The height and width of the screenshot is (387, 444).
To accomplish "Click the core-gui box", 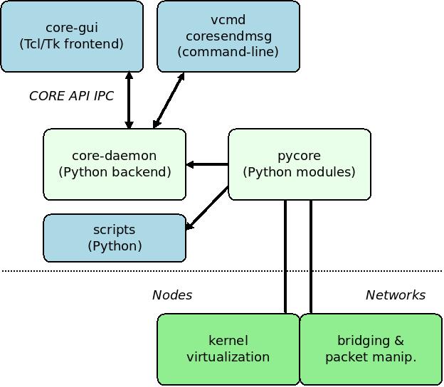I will point(72,36).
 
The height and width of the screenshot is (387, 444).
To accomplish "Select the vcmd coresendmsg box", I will point(228,36).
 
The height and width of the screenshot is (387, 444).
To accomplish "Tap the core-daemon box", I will point(115,164).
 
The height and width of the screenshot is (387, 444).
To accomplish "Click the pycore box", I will point(300,164).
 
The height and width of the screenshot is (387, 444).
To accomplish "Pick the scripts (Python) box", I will point(115,238).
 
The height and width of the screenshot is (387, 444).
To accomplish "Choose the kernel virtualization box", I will point(228,349).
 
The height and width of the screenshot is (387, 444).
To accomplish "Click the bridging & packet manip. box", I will point(371,349).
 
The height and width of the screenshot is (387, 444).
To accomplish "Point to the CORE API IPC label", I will point(71,96).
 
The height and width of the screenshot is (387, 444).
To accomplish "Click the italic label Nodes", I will point(172,295).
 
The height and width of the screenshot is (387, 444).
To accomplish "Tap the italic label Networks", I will point(396,295).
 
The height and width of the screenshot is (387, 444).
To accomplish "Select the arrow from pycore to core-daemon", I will point(208,164).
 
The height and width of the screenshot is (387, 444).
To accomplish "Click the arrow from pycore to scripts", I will point(207,208).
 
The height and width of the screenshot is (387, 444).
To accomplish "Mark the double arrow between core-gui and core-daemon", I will point(129,100).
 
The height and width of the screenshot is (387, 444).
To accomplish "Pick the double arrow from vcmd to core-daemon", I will point(169,100).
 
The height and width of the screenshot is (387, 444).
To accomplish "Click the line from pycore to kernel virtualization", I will point(285,256).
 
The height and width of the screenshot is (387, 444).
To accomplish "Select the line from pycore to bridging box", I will point(311,256).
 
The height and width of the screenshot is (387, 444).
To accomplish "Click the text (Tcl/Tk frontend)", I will point(72,44).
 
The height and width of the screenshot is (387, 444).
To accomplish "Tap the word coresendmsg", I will point(228,36).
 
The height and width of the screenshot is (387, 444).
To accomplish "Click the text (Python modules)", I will point(300,172).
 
